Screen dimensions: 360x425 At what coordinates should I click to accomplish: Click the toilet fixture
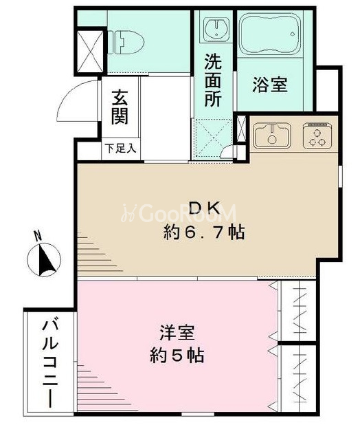[x=126, y=42]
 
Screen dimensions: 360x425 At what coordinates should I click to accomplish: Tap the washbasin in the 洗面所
[x=216, y=28]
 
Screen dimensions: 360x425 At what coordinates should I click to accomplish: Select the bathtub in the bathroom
[x=271, y=33]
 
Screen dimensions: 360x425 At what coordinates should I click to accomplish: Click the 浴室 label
[x=270, y=85]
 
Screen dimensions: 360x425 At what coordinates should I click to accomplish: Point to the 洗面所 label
[x=213, y=80]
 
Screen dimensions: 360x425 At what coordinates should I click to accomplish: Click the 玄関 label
[x=120, y=107]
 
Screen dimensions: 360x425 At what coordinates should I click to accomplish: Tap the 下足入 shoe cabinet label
[x=120, y=149]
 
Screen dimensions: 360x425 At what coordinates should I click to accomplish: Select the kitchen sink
[x=272, y=135]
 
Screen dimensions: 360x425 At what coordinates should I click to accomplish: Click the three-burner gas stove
[x=318, y=135]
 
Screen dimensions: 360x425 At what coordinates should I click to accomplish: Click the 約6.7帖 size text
[x=204, y=232]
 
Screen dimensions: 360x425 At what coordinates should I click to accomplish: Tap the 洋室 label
[x=177, y=332]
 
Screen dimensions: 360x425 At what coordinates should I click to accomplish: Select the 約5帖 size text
[x=177, y=356]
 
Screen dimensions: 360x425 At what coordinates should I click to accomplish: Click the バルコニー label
[x=50, y=364]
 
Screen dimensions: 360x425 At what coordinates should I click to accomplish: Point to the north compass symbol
[x=44, y=260]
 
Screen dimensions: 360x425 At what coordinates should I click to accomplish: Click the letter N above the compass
[x=38, y=235]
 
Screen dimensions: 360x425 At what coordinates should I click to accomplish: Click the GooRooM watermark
[x=179, y=212]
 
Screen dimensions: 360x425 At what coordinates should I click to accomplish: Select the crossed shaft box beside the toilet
[x=90, y=52]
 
